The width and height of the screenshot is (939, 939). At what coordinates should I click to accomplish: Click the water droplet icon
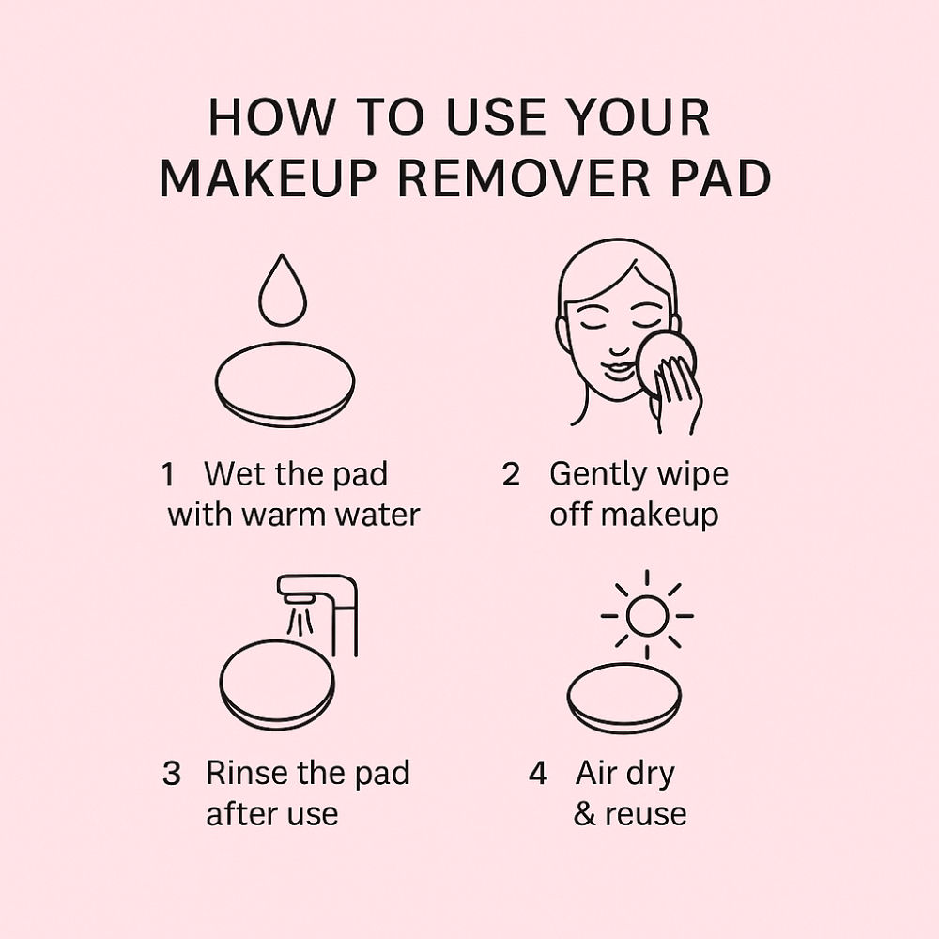(282, 291)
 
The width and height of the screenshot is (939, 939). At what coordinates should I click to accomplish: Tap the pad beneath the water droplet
(285, 384)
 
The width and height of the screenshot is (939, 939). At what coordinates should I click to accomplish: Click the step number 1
(168, 474)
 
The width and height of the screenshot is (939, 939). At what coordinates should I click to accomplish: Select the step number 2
(511, 474)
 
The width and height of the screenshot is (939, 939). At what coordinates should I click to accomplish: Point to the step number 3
(172, 773)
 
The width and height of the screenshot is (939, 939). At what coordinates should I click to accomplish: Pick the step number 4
(538, 773)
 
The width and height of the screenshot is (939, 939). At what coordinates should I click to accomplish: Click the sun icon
(647, 615)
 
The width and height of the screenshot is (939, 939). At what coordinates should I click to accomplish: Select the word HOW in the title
(269, 116)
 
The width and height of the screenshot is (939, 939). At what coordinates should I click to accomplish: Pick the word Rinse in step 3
(246, 773)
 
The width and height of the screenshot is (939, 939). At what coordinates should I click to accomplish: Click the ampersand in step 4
(584, 814)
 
